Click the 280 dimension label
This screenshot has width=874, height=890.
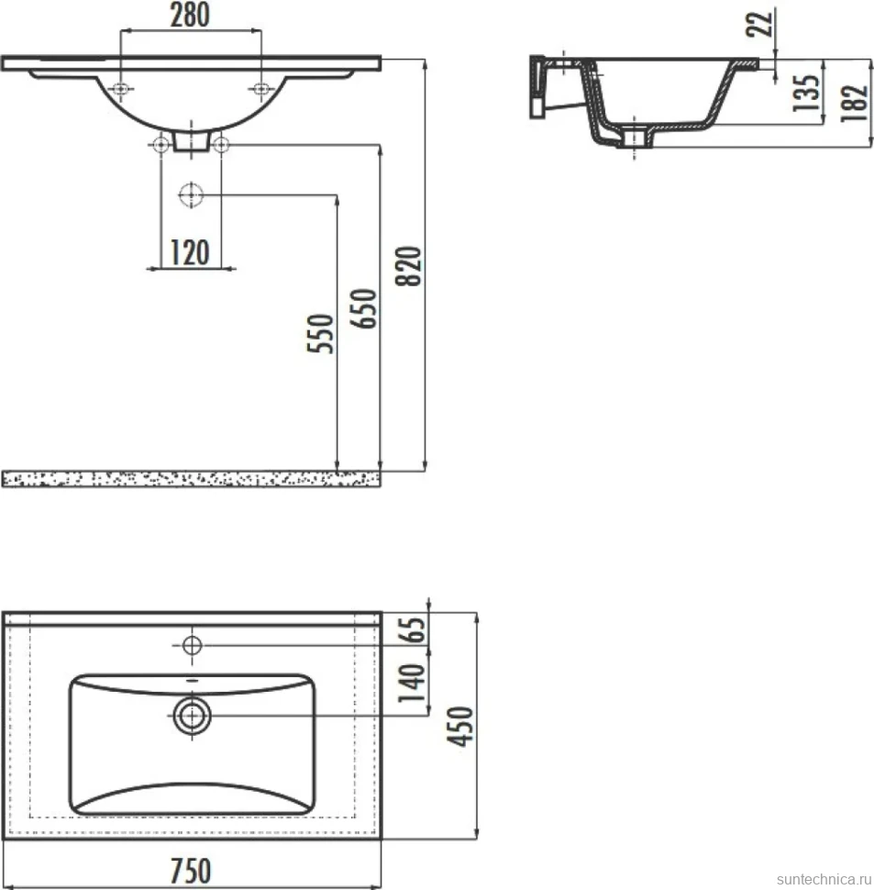click(190, 15)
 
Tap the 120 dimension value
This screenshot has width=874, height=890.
click(190, 252)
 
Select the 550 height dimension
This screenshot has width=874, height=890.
click(320, 333)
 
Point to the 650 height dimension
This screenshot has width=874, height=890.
click(363, 309)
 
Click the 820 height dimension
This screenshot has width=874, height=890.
click(408, 266)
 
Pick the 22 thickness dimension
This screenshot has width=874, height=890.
click(758, 24)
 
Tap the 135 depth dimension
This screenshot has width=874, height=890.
click(806, 93)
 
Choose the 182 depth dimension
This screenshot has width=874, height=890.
click(854, 103)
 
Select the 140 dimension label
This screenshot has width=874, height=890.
click(412, 683)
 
